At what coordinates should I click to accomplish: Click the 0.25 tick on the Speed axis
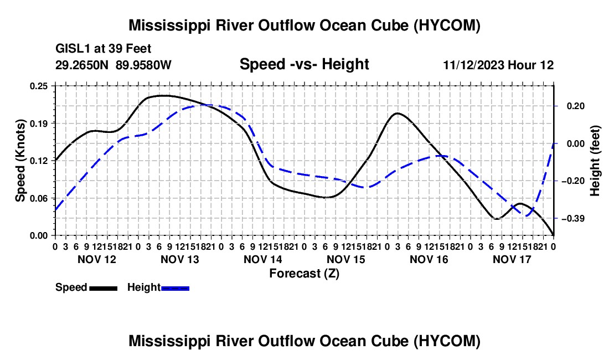tap(38, 86)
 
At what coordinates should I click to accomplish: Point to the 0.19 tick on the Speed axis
tap(38, 124)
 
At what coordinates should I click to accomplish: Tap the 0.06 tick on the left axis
tap(38, 198)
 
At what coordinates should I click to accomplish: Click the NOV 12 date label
tap(97, 259)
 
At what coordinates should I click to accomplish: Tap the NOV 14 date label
tap(263, 259)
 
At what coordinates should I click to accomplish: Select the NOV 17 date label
tap(512, 259)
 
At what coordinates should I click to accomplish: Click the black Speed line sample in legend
tap(104, 288)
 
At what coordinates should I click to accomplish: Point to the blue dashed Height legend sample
tap(175, 288)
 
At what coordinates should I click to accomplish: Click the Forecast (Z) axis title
tap(304, 274)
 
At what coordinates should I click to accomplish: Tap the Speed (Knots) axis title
tap(20, 161)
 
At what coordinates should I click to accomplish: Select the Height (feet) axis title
tap(595, 161)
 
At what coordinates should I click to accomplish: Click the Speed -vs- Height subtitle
tap(304, 64)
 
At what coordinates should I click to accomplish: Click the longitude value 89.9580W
tap(143, 65)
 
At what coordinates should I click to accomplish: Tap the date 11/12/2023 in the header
tap(474, 65)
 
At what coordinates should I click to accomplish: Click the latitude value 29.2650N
tap(82, 65)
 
